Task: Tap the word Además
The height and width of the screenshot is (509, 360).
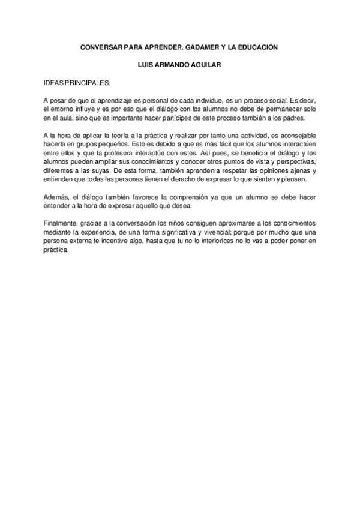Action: point(57,197)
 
